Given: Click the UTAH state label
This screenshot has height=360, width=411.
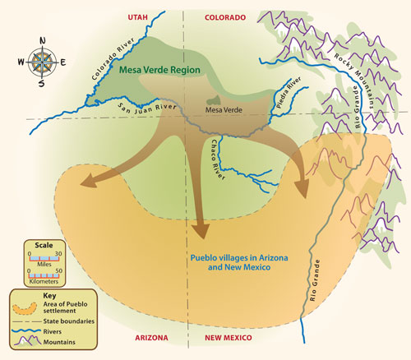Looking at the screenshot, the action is pos(138,17).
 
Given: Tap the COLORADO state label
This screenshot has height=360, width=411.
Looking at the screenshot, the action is pos(225,17).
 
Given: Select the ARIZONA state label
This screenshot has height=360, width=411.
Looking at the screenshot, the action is pos(151,338).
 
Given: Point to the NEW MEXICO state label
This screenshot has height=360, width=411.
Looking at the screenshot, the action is pos(229,338).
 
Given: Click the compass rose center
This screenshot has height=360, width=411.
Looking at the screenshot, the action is pos(42,62).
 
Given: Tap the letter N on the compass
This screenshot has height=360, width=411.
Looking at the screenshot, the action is pos(43,41).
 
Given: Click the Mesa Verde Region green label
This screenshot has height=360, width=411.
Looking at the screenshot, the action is pos(159,70).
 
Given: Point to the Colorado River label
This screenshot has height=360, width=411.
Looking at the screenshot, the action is pos(113,59).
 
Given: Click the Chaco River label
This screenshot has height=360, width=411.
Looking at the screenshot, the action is pos(218,159).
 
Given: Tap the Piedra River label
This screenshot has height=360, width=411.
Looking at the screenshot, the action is pos(289,92).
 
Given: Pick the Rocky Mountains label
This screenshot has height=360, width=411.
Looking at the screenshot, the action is pos(354,81).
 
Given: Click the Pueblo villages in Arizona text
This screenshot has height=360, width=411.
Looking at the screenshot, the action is pos(239,258).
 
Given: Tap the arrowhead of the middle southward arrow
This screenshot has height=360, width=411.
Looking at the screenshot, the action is pos(201,231).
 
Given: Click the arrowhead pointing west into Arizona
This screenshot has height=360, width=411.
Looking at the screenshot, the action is pos(88,182).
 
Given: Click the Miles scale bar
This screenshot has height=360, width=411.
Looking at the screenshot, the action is pos(45,258).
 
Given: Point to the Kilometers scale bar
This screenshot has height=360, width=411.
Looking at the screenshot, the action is pos(45,275).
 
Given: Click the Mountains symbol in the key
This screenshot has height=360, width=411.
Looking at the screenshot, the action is pos(26,340).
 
